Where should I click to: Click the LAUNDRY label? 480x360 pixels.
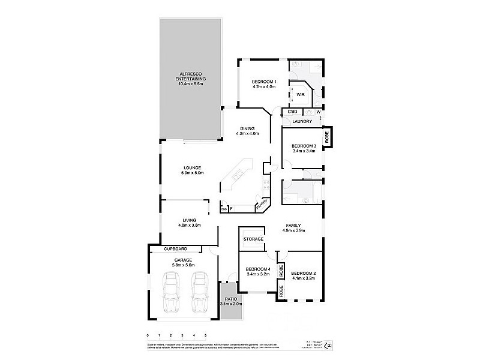[x=301, y=122]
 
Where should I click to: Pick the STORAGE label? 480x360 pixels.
[x=253, y=239]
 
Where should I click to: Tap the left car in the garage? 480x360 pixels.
[x=171, y=292]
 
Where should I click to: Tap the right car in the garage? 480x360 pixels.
[x=199, y=292]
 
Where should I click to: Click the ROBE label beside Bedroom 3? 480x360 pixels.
[x=327, y=136]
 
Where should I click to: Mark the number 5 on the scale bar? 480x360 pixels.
[x=206, y=335]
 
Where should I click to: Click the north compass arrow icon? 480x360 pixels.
[x=327, y=345]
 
